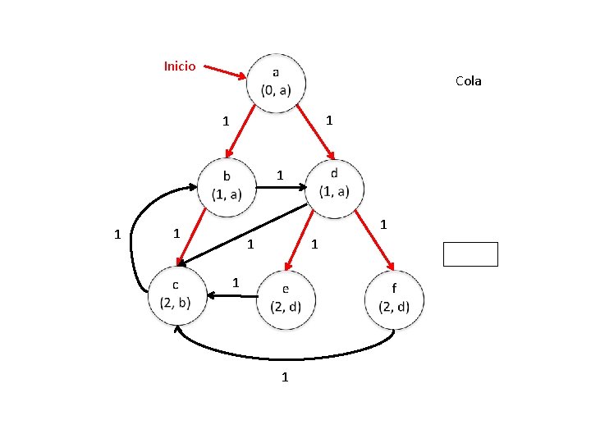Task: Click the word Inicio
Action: coord(180,66)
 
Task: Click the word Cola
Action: coord(468,80)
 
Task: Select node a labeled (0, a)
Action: coord(276,81)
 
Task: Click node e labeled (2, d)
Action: coord(286,299)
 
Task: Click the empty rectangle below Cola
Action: coord(470,254)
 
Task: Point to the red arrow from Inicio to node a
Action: coord(224,72)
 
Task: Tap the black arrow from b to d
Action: coord(279,187)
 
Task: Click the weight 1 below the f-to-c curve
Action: coord(285,377)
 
